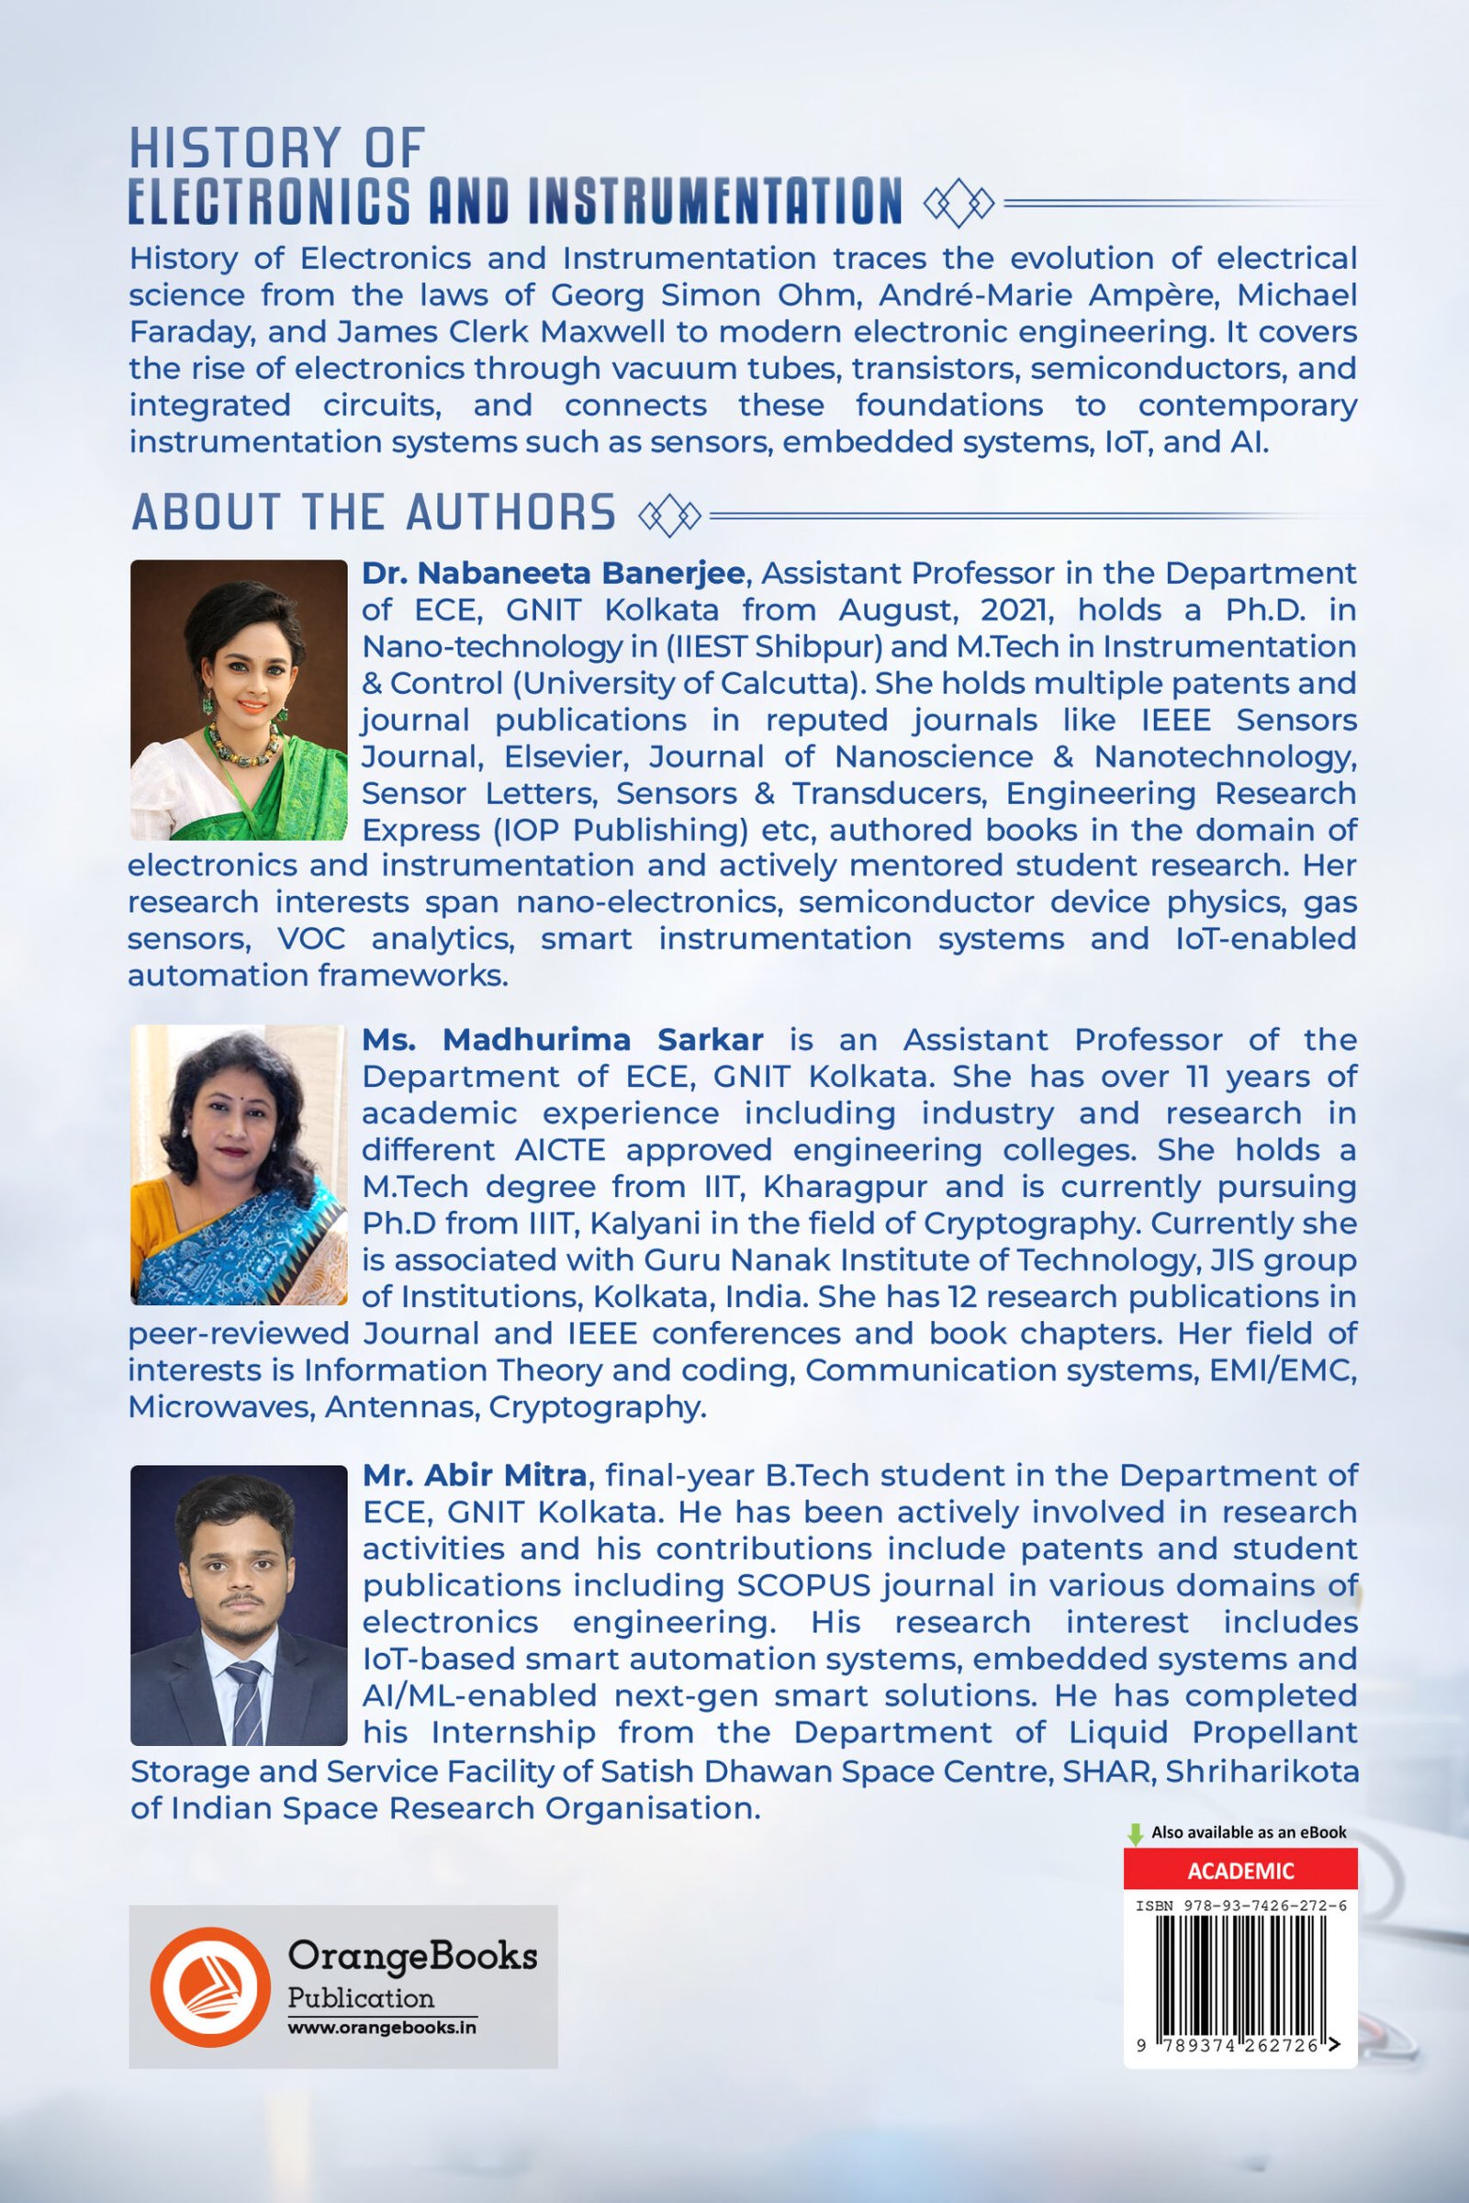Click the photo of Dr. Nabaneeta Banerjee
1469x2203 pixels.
[x=238, y=699]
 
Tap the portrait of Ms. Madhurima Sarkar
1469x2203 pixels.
[x=238, y=1164]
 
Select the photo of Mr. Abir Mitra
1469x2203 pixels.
[x=238, y=1605]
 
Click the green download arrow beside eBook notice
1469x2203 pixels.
[x=1136, y=1834]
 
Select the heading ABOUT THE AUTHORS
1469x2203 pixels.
[x=373, y=512]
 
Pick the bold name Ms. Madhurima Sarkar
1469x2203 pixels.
[x=562, y=1039]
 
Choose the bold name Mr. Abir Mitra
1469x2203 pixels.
[x=474, y=1475]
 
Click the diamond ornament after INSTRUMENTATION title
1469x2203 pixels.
[x=959, y=201]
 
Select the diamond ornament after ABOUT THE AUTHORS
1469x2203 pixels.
[x=669, y=514]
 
